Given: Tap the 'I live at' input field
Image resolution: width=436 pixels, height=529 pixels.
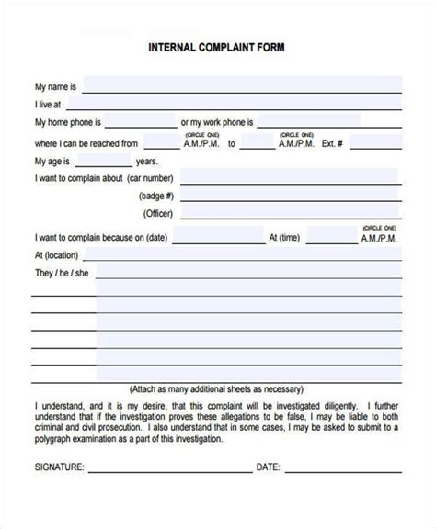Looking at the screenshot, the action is point(235,104).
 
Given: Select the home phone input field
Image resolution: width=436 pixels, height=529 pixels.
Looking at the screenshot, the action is point(141,121).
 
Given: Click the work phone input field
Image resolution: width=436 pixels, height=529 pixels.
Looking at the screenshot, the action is point(329,121).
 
